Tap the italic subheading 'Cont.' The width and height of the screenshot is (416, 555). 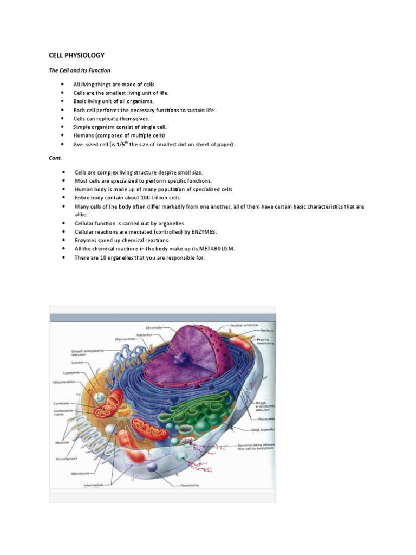(x=56, y=158)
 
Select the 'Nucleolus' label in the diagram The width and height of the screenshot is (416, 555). (x=144, y=334)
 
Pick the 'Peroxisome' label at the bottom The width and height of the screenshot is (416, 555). (x=190, y=485)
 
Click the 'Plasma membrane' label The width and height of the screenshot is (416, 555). (x=265, y=341)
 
